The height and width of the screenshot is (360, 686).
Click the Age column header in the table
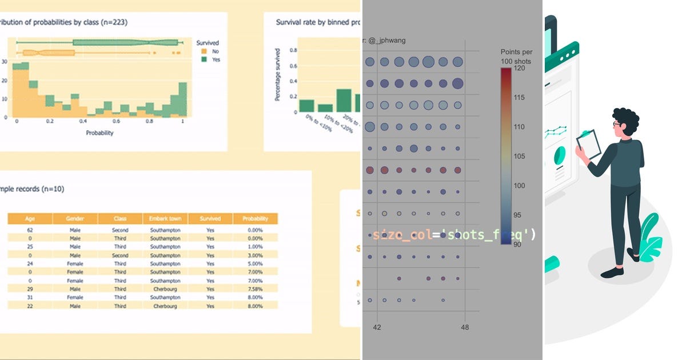30,218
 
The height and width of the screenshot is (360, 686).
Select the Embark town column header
165,218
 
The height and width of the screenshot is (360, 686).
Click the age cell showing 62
29,230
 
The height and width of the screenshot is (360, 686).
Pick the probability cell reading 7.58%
255,289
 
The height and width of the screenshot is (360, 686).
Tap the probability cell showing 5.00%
255,264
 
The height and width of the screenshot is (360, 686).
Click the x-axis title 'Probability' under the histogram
99,133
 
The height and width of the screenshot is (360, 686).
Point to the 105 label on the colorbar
519,156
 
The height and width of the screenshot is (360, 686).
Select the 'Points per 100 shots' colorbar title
515,56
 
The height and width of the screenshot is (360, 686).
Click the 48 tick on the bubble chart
464,327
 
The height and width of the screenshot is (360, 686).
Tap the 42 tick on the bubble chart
377,327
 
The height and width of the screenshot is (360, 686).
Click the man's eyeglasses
617,123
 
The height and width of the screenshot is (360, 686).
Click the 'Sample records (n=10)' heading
32,189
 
